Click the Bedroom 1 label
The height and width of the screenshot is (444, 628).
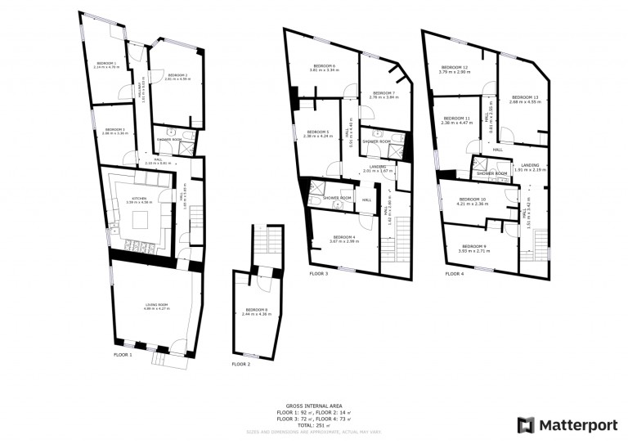pyautogui.click(x=107, y=64)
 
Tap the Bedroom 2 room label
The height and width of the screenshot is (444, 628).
pyautogui.click(x=177, y=76)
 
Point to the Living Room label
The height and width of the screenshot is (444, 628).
pyautogui.click(x=156, y=305)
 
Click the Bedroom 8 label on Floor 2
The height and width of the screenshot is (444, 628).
pyautogui.click(x=256, y=310)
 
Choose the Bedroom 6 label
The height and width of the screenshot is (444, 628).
pyautogui.click(x=324, y=67)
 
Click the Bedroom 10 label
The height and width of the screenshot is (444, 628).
pyautogui.click(x=472, y=200)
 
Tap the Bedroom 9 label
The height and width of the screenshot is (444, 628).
pyautogui.click(x=473, y=247)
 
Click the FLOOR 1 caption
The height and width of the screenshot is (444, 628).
pyautogui.click(x=123, y=355)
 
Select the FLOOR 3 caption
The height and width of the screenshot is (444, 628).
pyautogui.click(x=318, y=274)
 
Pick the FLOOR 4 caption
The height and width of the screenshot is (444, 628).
pyautogui.click(x=454, y=274)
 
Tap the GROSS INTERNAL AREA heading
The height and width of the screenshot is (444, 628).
pyautogui.click(x=313, y=406)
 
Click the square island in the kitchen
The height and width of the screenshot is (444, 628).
pyautogui.click(x=140, y=220)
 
